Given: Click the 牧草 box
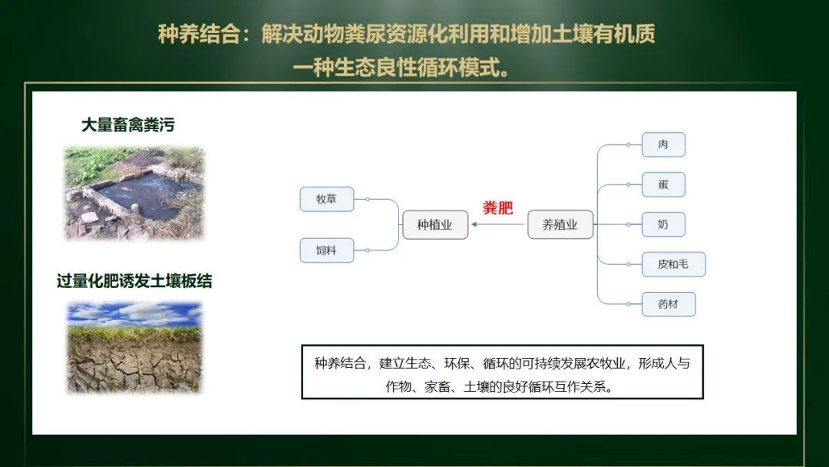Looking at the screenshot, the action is (327, 199).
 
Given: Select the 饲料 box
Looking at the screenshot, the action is (327, 250).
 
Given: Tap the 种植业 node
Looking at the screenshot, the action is (435, 225).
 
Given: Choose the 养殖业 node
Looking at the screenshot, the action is (560, 225).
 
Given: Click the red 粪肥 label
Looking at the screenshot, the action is (497, 207).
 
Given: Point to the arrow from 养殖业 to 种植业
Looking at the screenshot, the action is (498, 224).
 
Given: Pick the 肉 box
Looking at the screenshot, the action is (663, 144).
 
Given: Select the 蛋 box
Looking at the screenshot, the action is (663, 184).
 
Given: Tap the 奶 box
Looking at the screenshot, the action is (663, 224).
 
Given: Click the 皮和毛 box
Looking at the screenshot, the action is (674, 264).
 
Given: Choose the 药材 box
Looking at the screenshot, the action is (669, 304).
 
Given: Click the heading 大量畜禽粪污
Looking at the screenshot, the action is (128, 125).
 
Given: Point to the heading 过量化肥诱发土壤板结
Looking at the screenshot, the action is (134, 281).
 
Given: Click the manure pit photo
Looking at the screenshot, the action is (134, 193).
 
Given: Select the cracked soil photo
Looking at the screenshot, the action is (134, 347).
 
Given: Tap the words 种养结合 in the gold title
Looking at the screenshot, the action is (200, 35).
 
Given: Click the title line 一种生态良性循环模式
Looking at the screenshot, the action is (401, 68).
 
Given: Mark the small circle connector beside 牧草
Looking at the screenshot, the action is (368, 200).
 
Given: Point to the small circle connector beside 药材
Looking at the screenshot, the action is (628, 304).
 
